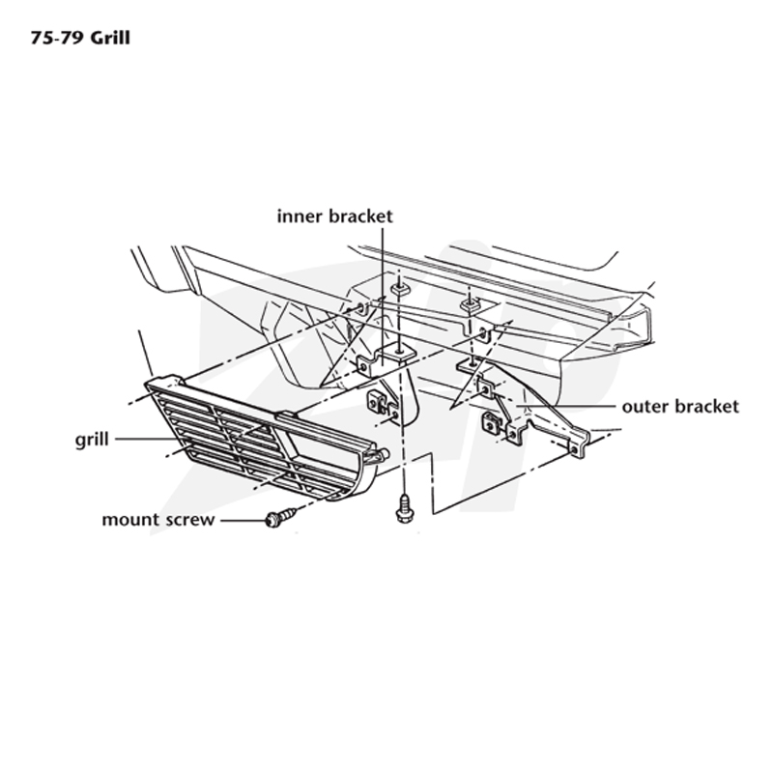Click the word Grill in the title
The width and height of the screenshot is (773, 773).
coord(110,38)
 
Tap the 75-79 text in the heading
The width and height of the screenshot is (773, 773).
coord(58,38)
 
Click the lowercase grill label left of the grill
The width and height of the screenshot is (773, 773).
coord(92,440)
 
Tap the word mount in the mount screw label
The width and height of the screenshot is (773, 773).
coord(129,520)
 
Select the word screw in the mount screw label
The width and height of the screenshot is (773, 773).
coord(189,520)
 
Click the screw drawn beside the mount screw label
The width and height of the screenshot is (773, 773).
coord(281,518)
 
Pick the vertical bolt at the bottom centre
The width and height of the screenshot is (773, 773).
coord(404,509)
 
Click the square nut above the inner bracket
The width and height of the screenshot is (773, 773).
coord(399,288)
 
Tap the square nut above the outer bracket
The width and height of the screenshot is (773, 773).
coord(470,304)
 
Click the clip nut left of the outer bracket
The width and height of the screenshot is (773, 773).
coord(492,423)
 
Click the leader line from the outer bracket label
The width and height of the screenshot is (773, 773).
coord(566,406)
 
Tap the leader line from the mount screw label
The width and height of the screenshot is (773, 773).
coord(243,520)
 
